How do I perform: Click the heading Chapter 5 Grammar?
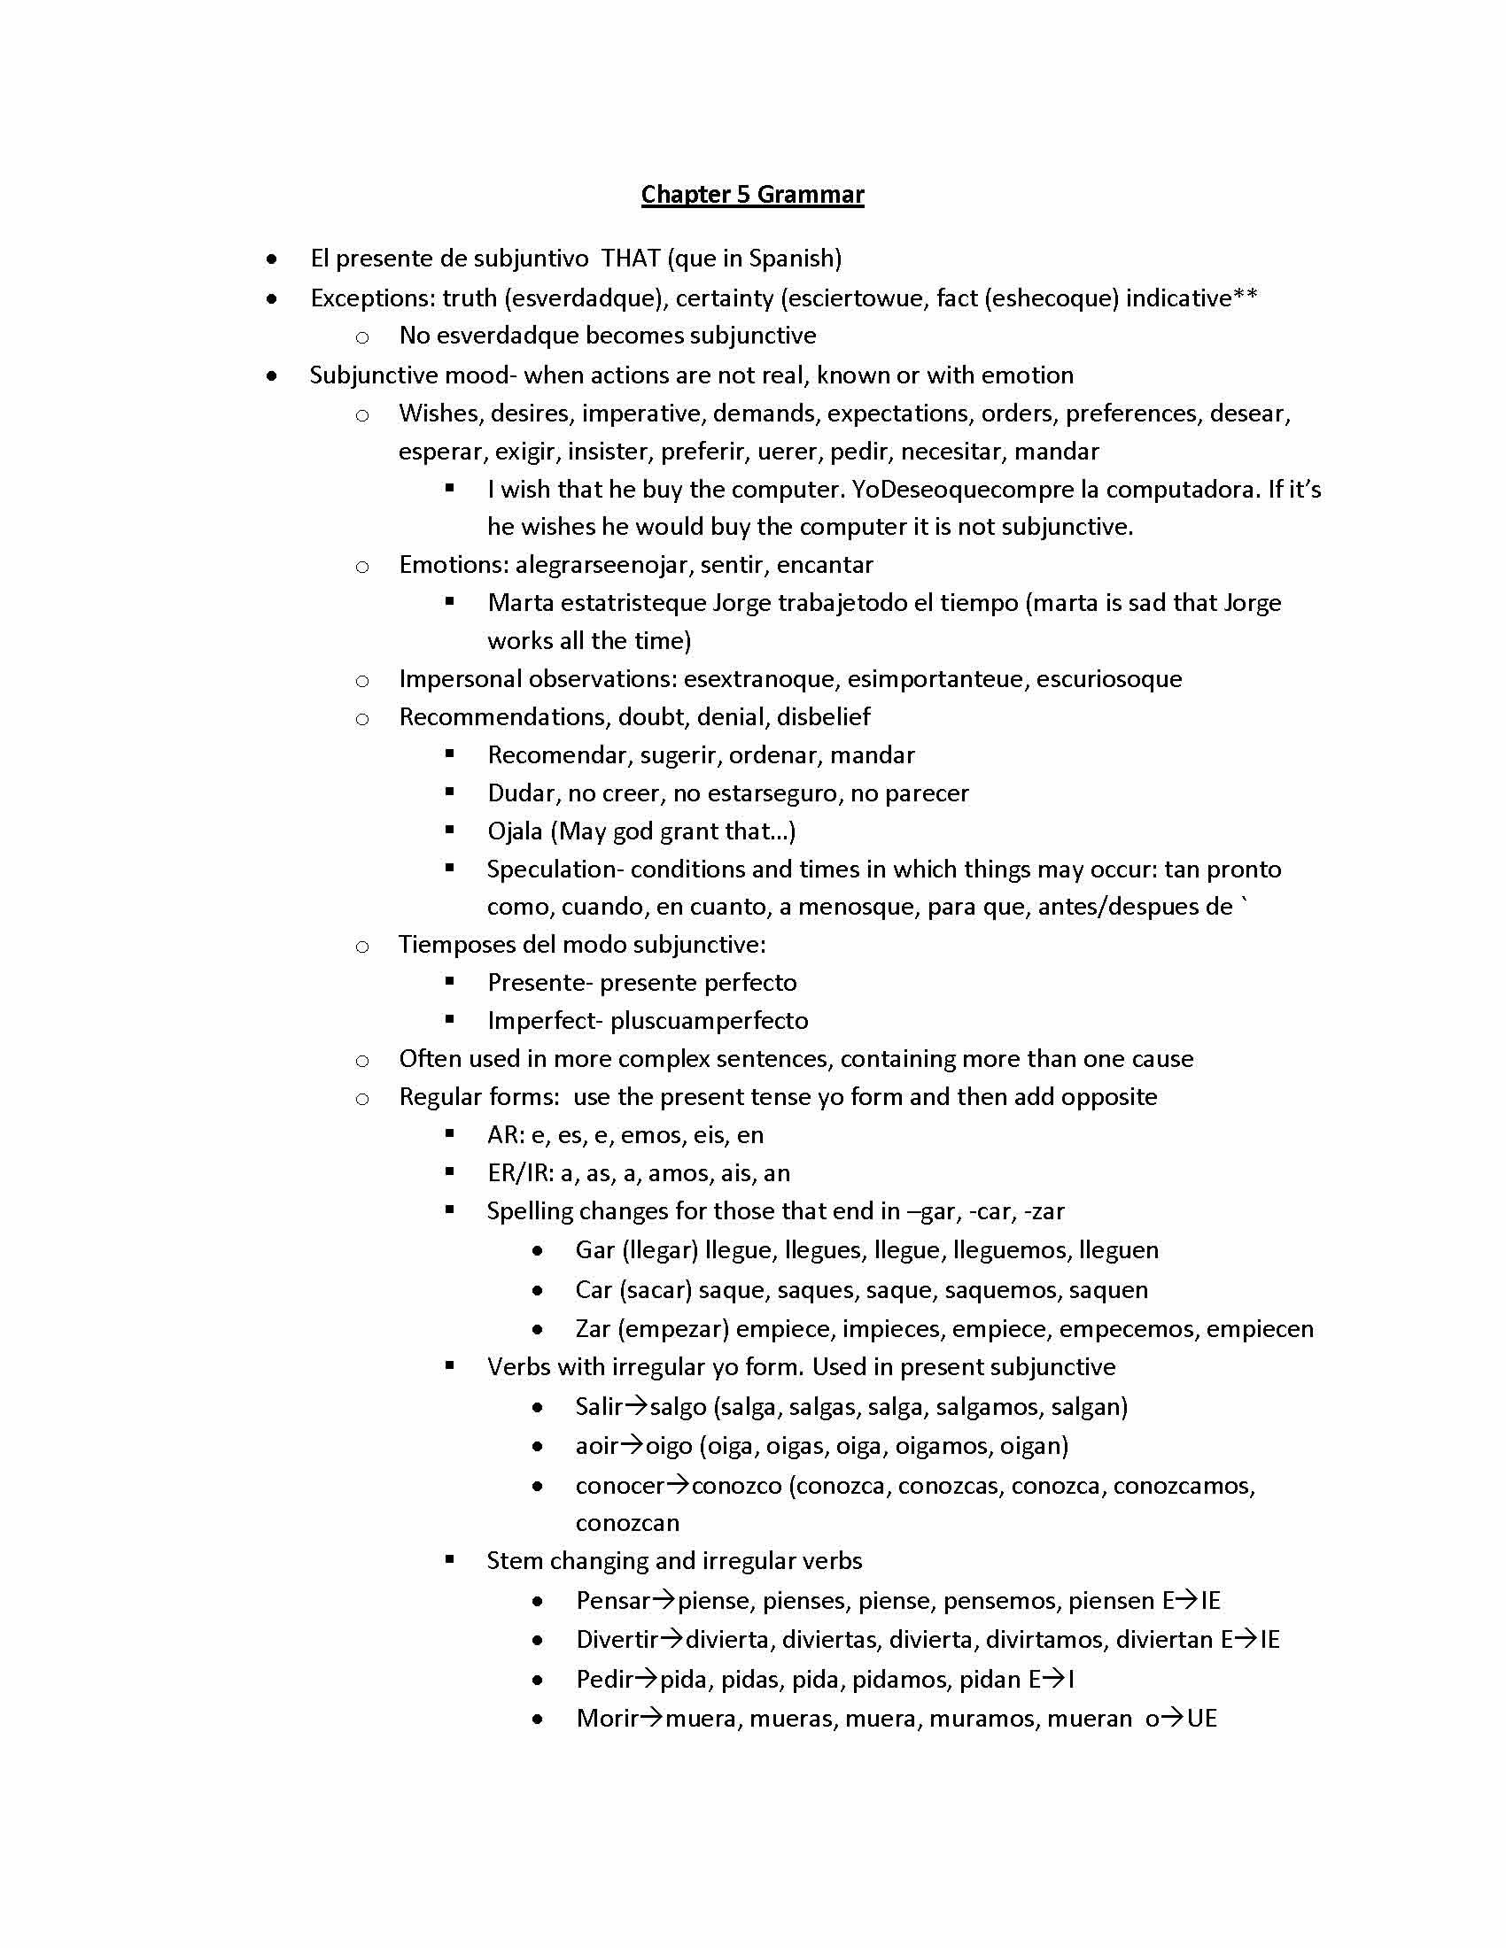752,195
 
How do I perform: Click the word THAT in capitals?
630,259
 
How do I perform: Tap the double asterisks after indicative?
1246,297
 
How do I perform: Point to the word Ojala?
515,831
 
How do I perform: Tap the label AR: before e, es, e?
505,1135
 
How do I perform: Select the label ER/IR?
520,1174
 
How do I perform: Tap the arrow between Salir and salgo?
635,1407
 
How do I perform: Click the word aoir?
596,1446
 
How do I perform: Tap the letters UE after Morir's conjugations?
1202,1719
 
